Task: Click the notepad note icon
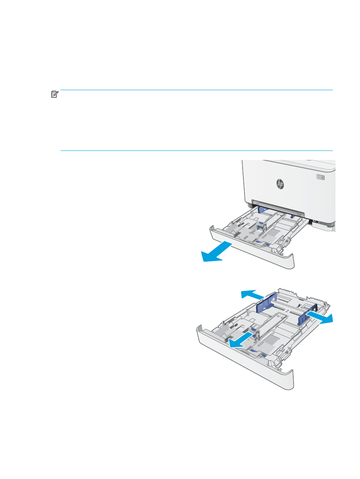55,94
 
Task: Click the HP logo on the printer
280,184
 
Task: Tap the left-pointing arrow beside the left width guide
252,295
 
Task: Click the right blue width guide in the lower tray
308,315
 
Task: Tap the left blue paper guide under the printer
263,210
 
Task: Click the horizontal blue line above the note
197,90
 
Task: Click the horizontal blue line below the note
197,150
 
